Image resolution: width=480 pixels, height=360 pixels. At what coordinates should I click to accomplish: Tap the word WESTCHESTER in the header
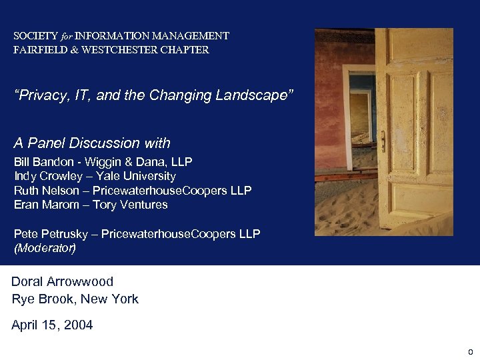pyautogui.click(x=119, y=50)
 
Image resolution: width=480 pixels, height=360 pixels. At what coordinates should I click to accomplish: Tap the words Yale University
pyautogui.click(x=136, y=176)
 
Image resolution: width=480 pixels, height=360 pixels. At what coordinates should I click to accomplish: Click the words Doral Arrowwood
pyautogui.click(x=63, y=281)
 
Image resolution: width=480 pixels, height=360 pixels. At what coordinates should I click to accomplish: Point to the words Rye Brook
pyautogui.click(x=42, y=299)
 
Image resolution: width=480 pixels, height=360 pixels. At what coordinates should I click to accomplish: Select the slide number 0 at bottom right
pyautogui.click(x=469, y=351)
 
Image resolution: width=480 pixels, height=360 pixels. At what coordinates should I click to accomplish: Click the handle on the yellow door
pyautogui.click(x=383, y=140)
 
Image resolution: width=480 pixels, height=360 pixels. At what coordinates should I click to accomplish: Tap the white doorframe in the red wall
pyautogui.click(x=346, y=107)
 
